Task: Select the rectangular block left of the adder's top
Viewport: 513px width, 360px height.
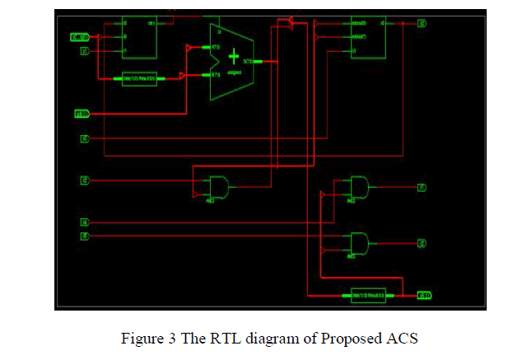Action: [139, 38]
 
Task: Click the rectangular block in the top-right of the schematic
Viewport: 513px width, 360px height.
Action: [367, 38]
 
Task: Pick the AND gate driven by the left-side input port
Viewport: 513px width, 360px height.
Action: [218, 186]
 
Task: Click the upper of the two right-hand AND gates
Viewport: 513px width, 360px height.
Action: [359, 186]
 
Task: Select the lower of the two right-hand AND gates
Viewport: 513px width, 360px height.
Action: [359, 243]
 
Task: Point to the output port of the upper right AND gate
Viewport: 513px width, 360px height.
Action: [422, 187]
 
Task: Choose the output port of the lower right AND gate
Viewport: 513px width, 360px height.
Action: [422, 243]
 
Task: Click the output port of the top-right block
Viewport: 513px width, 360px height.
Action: [422, 23]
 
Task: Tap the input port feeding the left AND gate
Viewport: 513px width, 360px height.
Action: [84, 180]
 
